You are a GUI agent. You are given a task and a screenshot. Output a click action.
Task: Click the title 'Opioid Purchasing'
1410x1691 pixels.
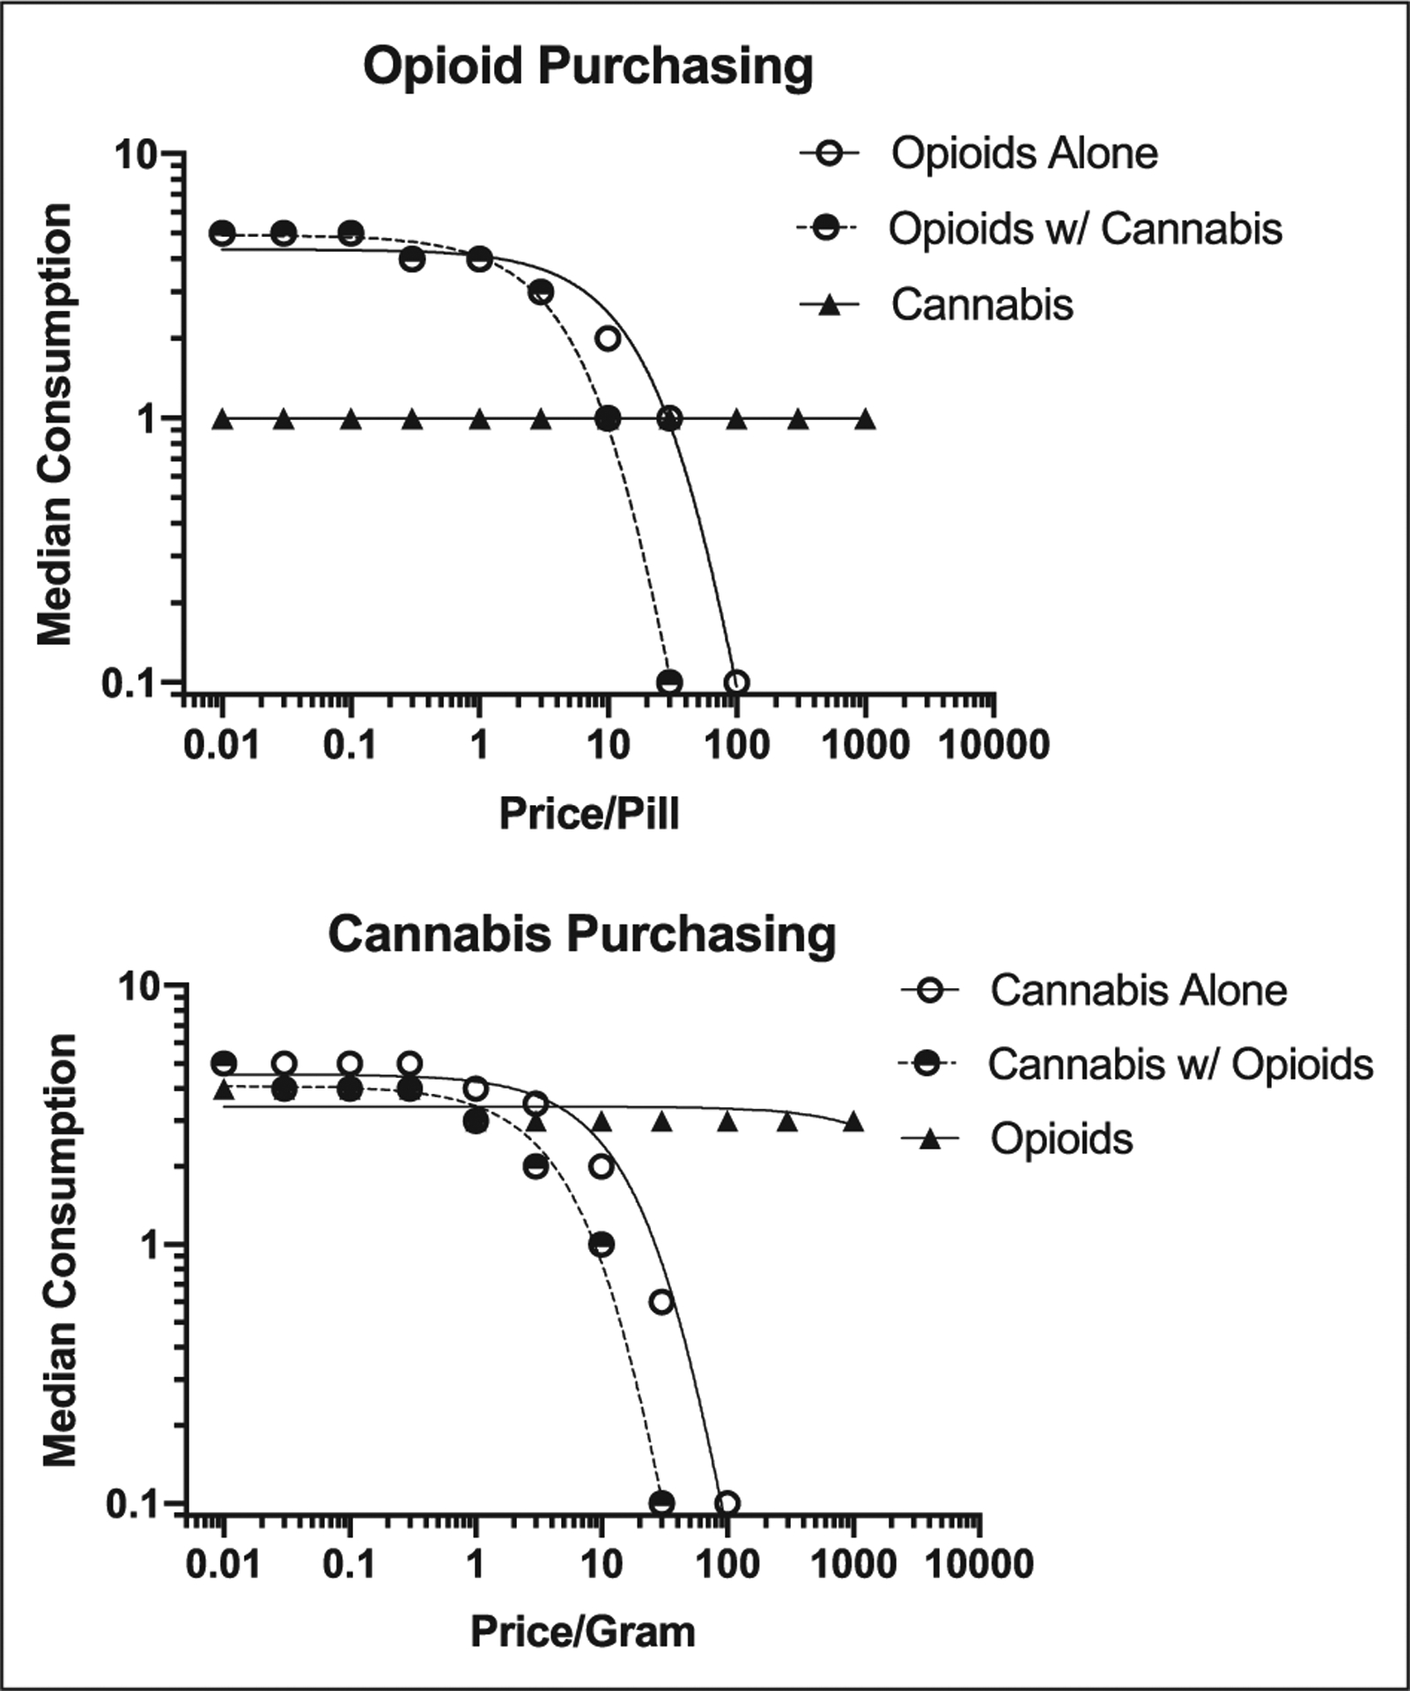[587, 68]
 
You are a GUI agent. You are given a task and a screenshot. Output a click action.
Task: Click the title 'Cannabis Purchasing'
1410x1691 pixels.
[582, 934]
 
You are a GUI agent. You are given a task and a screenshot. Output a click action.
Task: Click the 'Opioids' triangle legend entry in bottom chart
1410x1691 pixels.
[1061, 1139]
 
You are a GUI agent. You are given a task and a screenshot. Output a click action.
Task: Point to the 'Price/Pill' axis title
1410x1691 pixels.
[588, 813]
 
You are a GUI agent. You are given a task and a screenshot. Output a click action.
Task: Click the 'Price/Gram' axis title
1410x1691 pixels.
[582, 1631]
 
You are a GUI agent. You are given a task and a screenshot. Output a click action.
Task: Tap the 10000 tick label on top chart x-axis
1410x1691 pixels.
[994, 745]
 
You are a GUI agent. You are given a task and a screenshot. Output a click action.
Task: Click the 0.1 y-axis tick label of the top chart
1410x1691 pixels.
[129, 683]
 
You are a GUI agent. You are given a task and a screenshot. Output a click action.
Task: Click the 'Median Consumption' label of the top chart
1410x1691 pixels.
[55, 425]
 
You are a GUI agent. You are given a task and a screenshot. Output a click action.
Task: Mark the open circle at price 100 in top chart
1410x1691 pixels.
[736, 682]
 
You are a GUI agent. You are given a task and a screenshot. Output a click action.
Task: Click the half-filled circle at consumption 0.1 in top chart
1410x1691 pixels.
[669, 682]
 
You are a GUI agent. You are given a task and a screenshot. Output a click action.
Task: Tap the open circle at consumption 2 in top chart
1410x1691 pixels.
[608, 339]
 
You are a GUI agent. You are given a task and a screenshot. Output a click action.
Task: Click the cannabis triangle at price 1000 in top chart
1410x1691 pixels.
[866, 419]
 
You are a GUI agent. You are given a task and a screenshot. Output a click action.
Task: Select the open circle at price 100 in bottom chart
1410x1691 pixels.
[727, 1503]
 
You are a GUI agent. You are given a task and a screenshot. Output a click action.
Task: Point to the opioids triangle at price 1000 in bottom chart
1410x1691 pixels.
[853, 1122]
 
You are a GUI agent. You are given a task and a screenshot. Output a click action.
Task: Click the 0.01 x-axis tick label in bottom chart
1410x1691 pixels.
[225, 1564]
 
